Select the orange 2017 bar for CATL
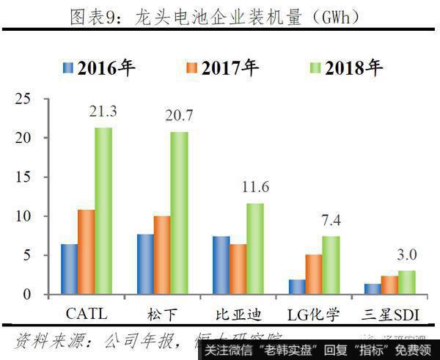point(87,252)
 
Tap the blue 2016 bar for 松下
point(144,264)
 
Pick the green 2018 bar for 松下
point(180,213)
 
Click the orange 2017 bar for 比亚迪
point(238,269)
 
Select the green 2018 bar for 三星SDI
point(406,282)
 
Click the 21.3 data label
point(103,111)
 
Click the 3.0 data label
point(406,254)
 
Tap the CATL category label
point(87,315)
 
